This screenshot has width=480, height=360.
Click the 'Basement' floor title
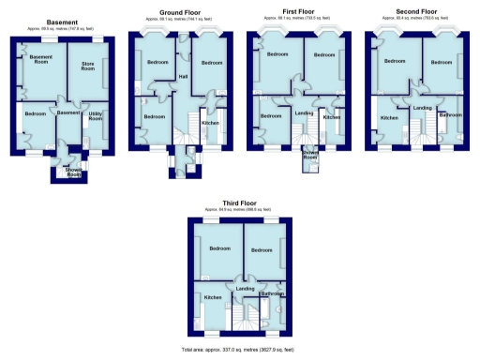click(62, 22)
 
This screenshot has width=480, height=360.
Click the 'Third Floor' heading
click(240, 202)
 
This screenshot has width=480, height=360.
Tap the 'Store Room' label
click(89, 66)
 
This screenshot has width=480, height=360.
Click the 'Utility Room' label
click(96, 117)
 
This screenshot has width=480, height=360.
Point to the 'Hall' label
click(184, 76)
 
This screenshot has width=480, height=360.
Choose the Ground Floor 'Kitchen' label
click(211, 123)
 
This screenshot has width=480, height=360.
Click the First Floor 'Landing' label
click(303, 114)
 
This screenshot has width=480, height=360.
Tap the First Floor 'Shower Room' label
click(309, 155)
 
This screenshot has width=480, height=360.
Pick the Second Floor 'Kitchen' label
click(389, 117)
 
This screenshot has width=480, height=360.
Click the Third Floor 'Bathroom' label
click(272, 293)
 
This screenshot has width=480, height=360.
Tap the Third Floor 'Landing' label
click(245, 289)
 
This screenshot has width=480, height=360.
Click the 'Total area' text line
click(240, 349)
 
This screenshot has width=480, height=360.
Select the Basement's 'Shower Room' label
click(73, 172)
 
